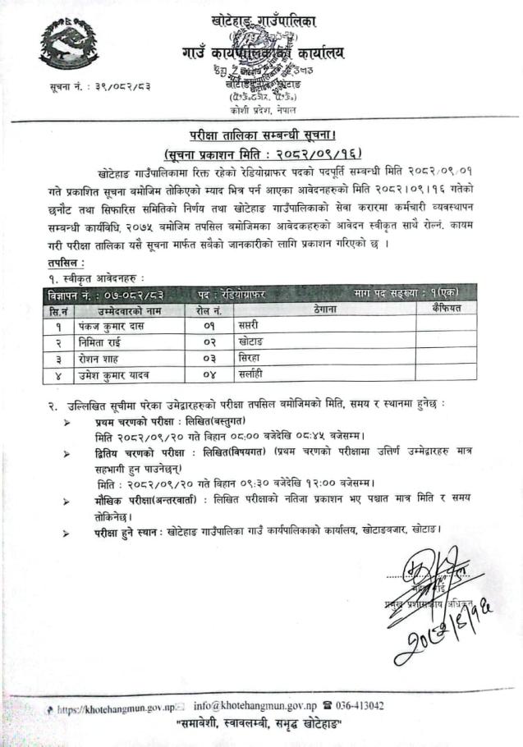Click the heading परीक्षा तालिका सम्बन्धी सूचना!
click(x=261, y=135)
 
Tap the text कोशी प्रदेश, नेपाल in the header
click(x=264, y=110)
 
